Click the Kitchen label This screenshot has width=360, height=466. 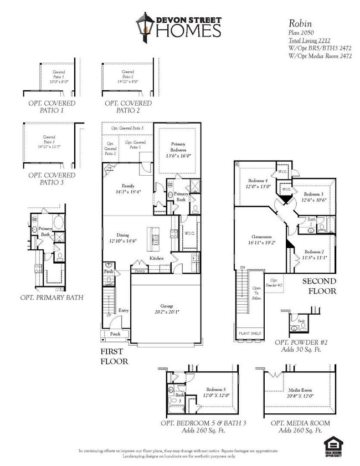(x=157, y=259)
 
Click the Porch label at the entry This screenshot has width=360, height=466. (x=115, y=334)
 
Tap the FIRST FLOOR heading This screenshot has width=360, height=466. (x=115, y=356)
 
